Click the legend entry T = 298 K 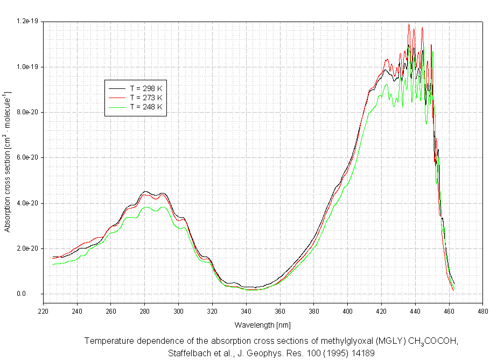coord(146,88)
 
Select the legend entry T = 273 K coord(146,98)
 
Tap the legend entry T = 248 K coord(146,107)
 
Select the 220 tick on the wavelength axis coord(43,310)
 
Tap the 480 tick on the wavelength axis coord(483,310)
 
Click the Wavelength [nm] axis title coord(262,325)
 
